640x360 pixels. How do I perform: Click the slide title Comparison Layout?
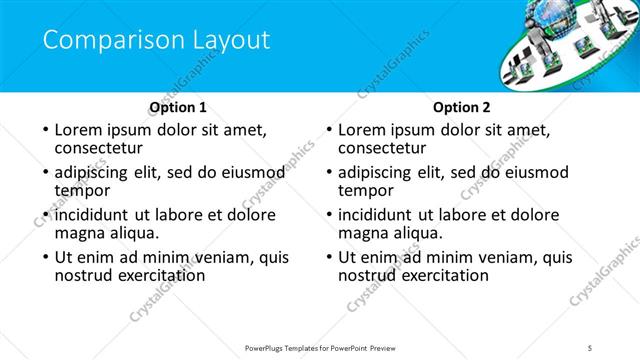(x=156, y=41)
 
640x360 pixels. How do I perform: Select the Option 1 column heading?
(x=178, y=107)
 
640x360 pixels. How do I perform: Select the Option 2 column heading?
(x=462, y=107)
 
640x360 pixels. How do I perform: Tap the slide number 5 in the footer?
(x=591, y=347)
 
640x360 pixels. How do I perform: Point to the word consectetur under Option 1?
(x=98, y=149)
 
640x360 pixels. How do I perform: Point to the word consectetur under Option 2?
(x=382, y=149)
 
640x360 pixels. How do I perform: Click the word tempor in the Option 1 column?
(x=81, y=191)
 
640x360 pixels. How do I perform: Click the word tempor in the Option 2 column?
(x=365, y=191)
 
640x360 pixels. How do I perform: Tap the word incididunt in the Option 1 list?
(x=92, y=215)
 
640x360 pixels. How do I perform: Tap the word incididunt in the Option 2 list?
(x=376, y=215)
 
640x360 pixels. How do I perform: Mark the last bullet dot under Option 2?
(x=329, y=257)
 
